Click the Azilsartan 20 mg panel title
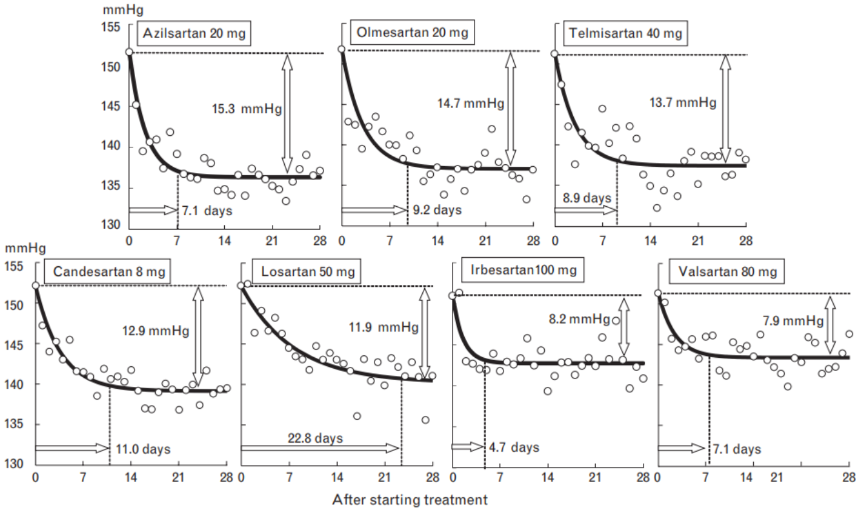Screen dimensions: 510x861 [194, 34]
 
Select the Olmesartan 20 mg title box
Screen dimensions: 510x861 [412, 33]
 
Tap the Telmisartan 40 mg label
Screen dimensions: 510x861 [625, 33]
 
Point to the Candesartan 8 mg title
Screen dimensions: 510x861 [108, 272]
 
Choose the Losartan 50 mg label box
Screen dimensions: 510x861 [308, 272]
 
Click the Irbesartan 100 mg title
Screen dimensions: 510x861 [524, 270]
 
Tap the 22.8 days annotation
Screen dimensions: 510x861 [316, 438]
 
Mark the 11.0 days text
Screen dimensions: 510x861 [142, 449]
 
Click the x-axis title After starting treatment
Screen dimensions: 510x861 [410, 500]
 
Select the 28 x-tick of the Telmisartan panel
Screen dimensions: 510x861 [746, 241]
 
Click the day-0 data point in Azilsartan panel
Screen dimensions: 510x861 [129, 52]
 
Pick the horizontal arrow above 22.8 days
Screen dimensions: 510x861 [320, 448]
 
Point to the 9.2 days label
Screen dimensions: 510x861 [437, 210]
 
